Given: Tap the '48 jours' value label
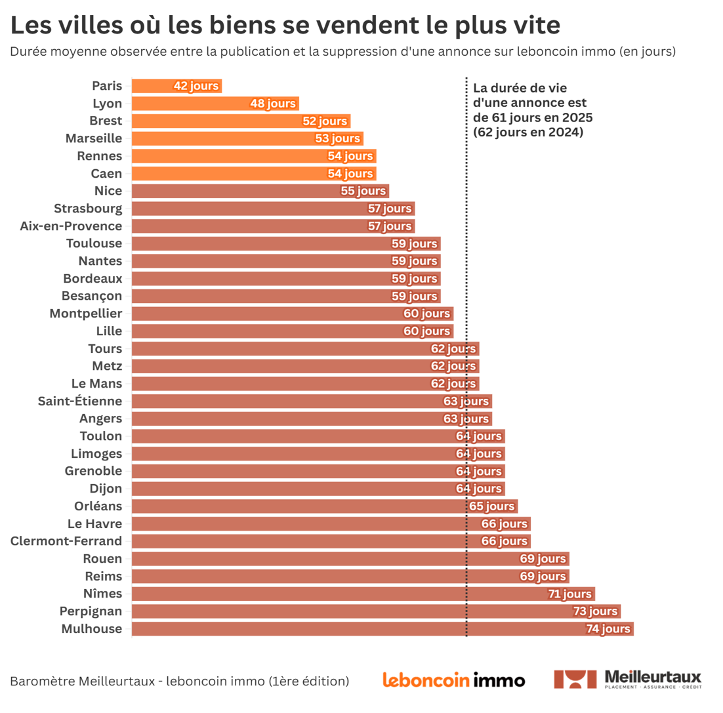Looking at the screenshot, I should pos(273,104).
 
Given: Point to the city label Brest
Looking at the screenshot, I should pos(106,121).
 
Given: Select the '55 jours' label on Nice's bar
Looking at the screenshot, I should pos(363,191).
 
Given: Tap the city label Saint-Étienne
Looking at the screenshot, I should pos(80,401).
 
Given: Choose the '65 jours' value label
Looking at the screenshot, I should pos(492,506).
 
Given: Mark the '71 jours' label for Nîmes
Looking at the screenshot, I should pos(569,594).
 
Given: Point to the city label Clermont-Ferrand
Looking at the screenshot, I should pos(66,541).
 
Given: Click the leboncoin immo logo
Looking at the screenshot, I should pos(453,680).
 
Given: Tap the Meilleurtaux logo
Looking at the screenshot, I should pos(628,680).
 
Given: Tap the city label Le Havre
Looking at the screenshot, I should pos(94,523).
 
